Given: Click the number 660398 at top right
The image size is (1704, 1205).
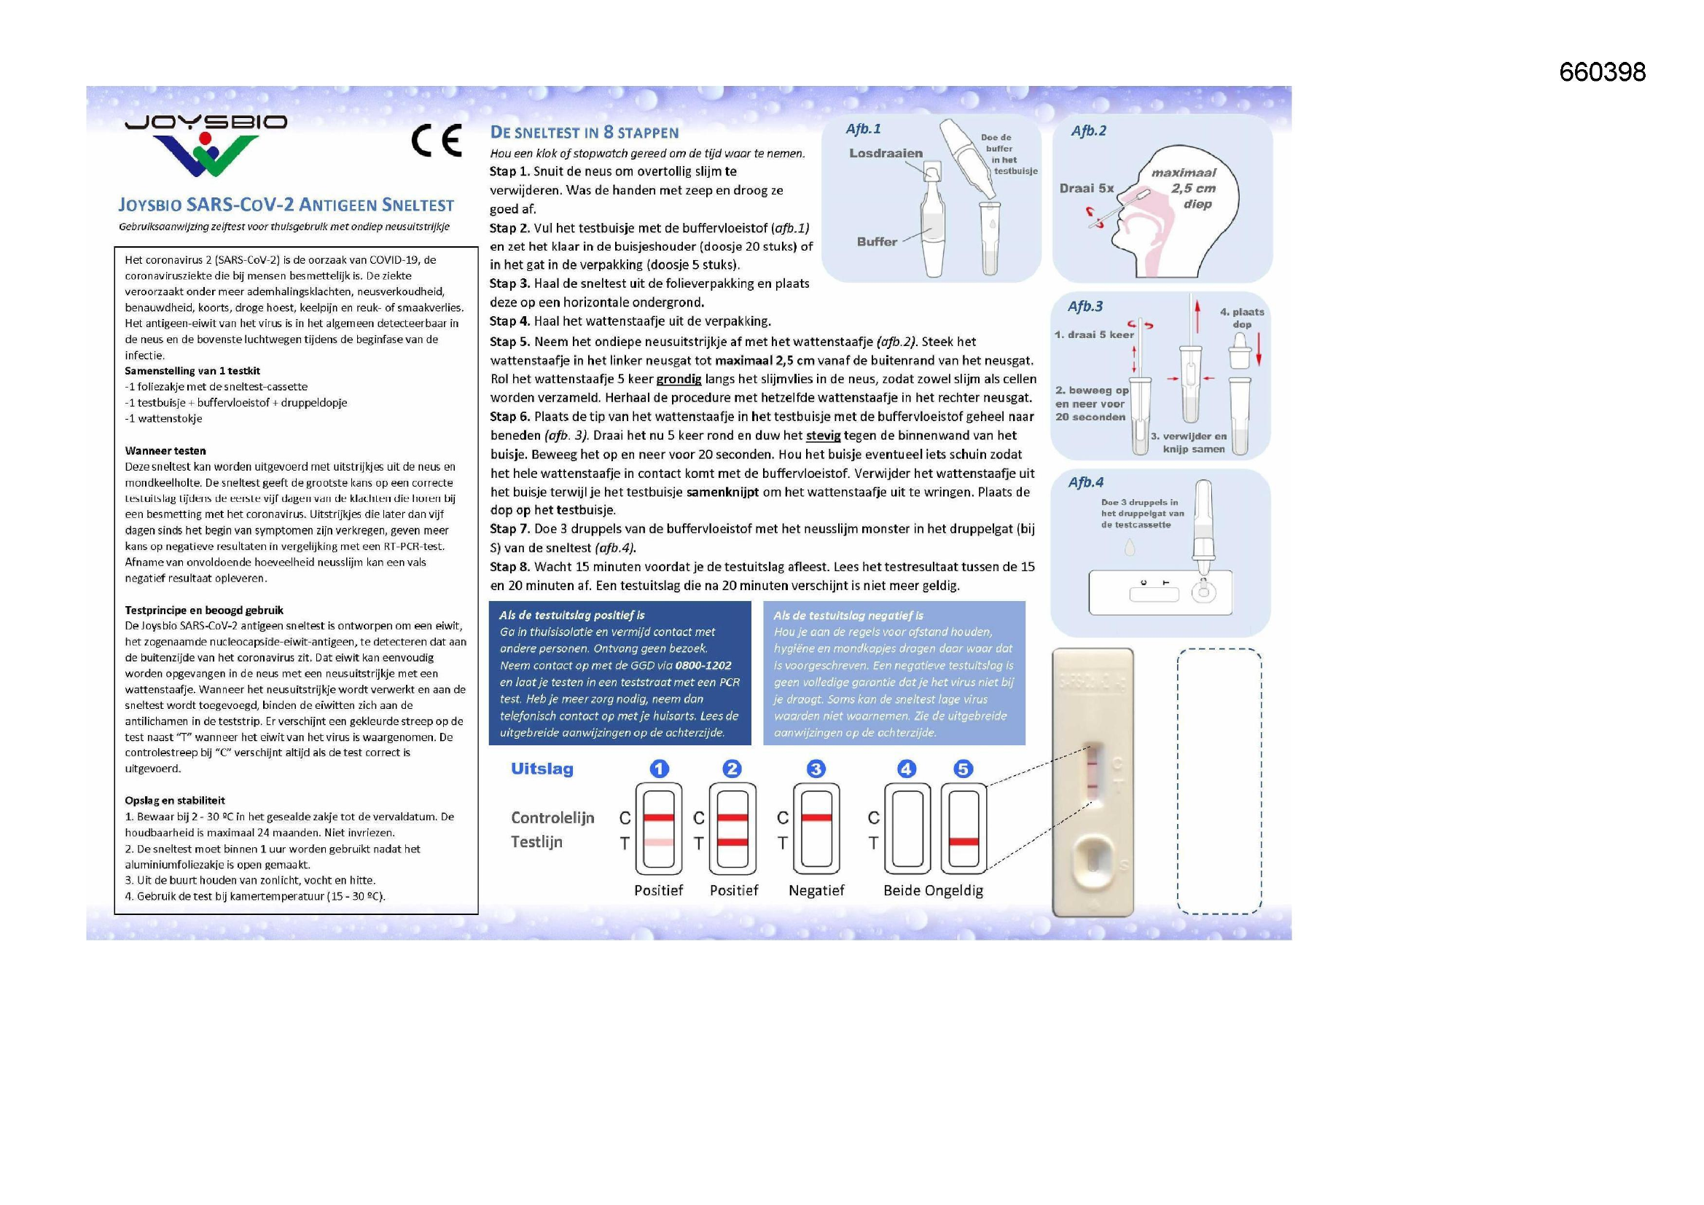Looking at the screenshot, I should (x=1601, y=72).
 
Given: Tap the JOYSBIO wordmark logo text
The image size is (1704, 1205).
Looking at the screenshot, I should (x=206, y=122).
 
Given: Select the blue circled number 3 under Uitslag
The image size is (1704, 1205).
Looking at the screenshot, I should (x=816, y=769).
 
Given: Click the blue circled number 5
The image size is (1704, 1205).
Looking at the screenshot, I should (x=963, y=769).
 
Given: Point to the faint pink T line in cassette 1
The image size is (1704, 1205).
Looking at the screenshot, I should (x=658, y=842).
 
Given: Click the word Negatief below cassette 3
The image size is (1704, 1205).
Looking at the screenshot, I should (x=816, y=890).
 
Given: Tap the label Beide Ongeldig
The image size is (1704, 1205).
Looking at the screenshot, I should (x=933, y=890).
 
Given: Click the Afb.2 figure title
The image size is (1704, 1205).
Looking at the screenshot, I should (x=1088, y=130).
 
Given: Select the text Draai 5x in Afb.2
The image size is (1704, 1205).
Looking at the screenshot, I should (x=1087, y=189).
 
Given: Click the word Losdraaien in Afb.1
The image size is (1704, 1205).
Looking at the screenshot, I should (x=886, y=153).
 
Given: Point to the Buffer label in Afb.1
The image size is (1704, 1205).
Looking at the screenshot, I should (x=877, y=242).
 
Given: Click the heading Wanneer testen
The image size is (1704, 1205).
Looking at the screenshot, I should (x=165, y=450).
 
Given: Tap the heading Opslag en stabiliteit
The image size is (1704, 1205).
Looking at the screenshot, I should (x=174, y=800).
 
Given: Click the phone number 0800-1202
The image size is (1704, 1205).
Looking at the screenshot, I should (x=703, y=666).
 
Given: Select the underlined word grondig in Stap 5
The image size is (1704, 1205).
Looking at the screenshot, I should (x=679, y=379).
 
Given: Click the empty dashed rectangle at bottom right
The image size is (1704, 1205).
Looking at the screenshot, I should (x=1219, y=780).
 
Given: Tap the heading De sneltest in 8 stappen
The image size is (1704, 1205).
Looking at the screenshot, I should (x=584, y=133).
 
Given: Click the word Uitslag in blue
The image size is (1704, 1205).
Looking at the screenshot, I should (x=542, y=769).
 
